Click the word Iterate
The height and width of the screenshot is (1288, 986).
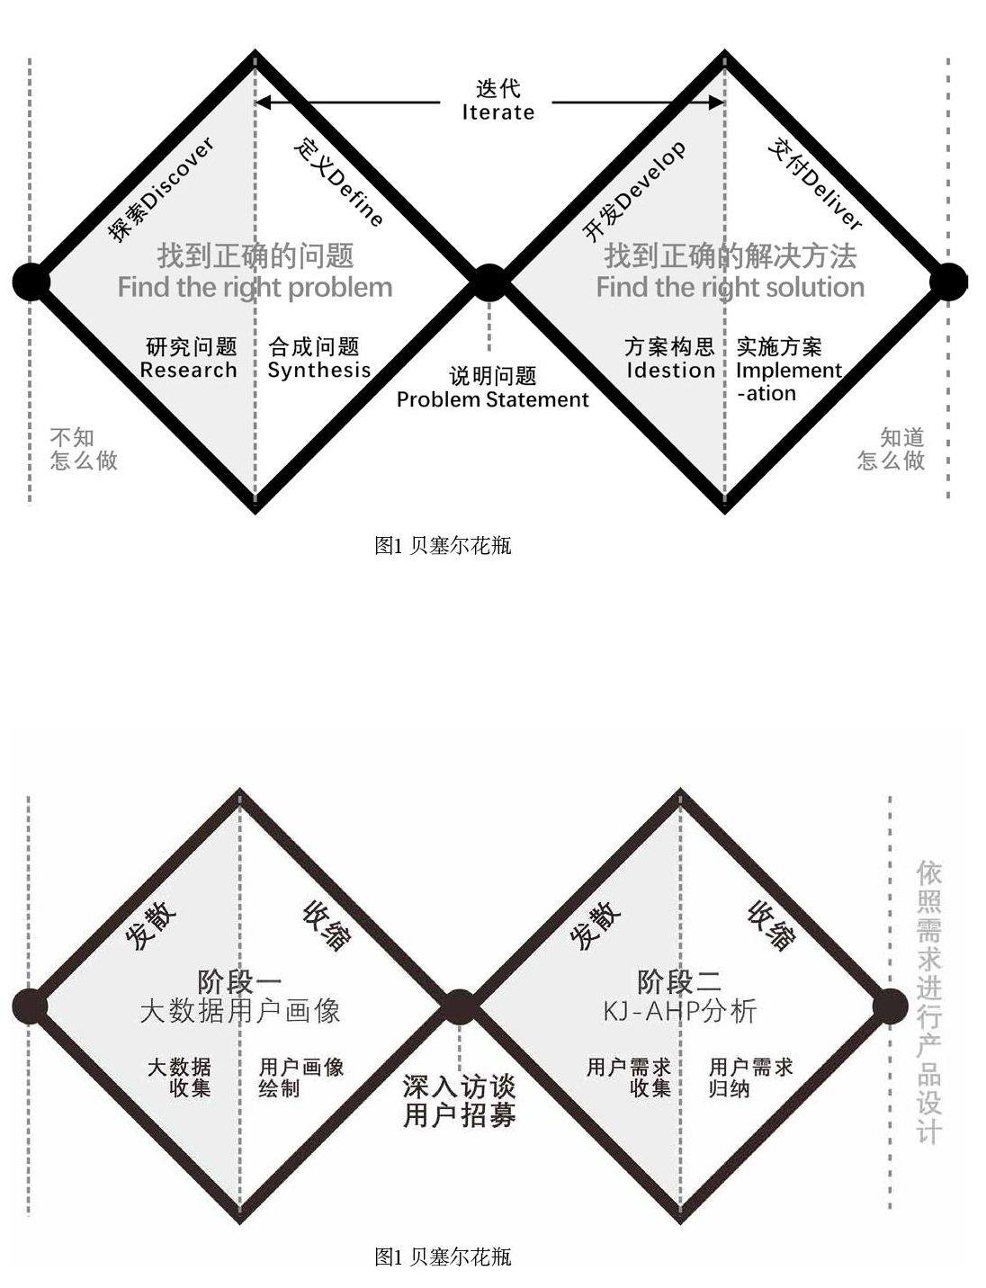click(x=498, y=112)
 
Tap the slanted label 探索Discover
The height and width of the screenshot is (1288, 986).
click(x=161, y=189)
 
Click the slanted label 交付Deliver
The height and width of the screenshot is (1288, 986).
click(x=815, y=184)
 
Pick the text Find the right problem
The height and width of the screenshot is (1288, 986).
click(x=255, y=288)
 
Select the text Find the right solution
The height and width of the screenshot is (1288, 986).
click(x=730, y=288)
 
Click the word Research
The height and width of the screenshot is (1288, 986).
click(x=188, y=371)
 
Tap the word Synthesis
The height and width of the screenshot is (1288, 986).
click(x=319, y=371)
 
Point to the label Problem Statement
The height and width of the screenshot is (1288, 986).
click(x=493, y=399)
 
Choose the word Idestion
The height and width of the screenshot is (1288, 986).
click(x=670, y=371)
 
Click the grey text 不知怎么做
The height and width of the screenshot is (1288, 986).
click(x=84, y=449)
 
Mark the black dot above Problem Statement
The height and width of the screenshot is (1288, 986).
click(x=489, y=282)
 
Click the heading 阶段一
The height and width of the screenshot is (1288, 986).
click(x=239, y=981)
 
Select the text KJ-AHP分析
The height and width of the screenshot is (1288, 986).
click(x=680, y=1011)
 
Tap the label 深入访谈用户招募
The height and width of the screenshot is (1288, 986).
click(x=460, y=1101)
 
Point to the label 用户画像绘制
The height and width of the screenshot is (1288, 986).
click(x=301, y=1078)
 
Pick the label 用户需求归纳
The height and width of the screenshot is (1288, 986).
click(x=750, y=1078)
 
